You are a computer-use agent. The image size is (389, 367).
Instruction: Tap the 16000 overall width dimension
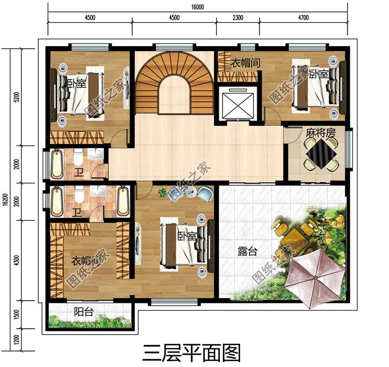click(197, 7)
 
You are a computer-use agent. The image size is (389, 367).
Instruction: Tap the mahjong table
click(319, 154)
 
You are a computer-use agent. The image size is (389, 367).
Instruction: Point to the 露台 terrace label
click(247, 252)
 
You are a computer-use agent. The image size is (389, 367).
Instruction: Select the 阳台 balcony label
click(83, 312)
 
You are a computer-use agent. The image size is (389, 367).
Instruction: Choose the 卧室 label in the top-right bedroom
click(318, 74)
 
